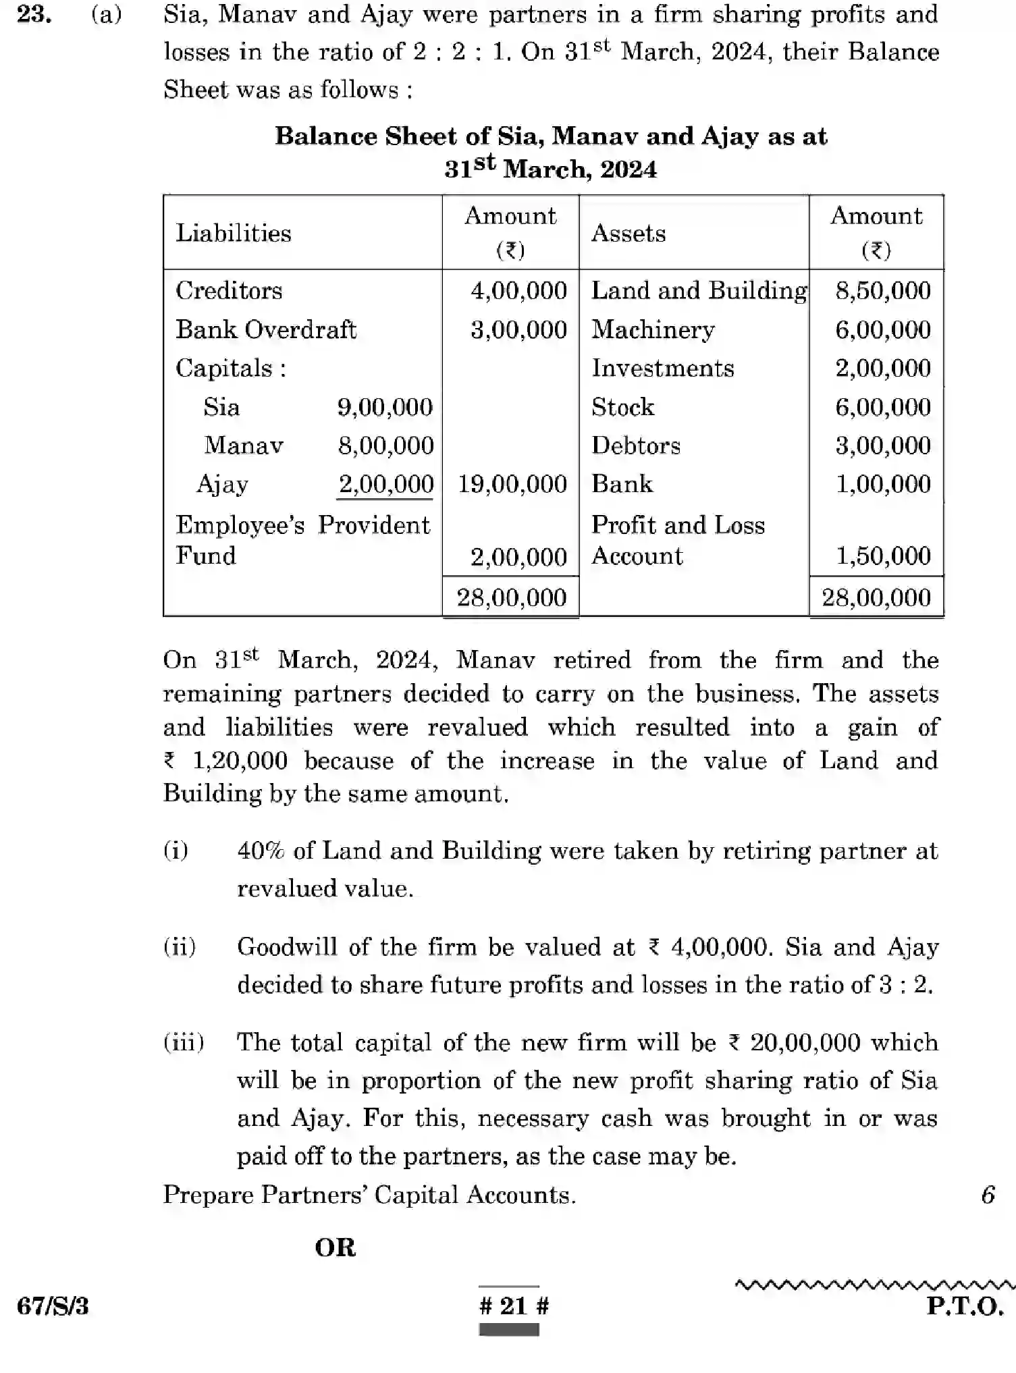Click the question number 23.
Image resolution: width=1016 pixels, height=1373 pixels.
click(34, 14)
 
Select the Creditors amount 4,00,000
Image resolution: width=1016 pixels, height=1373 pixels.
click(518, 291)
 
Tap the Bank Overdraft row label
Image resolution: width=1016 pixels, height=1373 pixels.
click(265, 329)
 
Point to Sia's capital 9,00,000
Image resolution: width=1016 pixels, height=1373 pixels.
click(385, 407)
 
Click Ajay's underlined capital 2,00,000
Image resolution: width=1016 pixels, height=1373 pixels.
click(385, 484)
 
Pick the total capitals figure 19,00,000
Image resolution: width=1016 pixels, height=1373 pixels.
click(512, 484)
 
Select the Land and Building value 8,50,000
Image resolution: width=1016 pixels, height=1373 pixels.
click(882, 291)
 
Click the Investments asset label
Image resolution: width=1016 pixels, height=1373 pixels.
click(662, 369)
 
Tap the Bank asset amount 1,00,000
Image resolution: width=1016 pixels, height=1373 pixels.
click(882, 484)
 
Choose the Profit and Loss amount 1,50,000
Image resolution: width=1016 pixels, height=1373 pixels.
click(882, 556)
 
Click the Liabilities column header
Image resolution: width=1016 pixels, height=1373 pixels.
click(234, 234)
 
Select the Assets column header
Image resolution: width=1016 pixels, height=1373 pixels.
click(628, 234)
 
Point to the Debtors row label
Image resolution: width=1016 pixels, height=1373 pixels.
click(635, 446)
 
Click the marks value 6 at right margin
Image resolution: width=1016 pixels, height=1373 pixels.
click(988, 1195)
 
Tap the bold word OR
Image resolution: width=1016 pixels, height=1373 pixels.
click(336, 1247)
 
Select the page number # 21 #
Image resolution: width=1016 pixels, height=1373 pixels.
click(513, 1305)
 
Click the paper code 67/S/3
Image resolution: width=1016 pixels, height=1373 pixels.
click(53, 1306)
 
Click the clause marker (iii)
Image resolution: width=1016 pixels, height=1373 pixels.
click(184, 1043)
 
